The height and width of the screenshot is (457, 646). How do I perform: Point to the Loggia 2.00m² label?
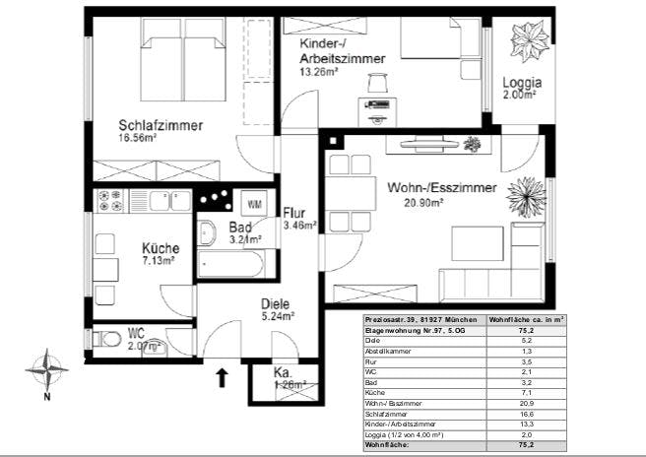point(519,89)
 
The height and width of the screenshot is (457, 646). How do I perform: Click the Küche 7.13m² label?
point(159,254)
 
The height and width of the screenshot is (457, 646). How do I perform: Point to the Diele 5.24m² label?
point(279,310)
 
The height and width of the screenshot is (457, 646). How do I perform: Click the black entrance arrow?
point(223,374)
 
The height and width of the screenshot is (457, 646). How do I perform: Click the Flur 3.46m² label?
point(298,219)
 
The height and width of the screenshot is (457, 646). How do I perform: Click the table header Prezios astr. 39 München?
point(424,320)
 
